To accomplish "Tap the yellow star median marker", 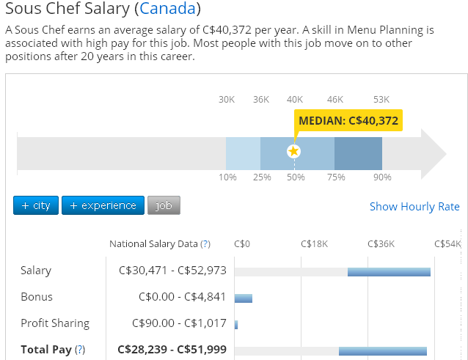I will (x=293, y=151).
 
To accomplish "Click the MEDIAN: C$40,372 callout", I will (x=348, y=121).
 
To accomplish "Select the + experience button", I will (x=103, y=206).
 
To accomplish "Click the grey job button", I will (x=164, y=206).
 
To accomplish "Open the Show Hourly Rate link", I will (x=414, y=207).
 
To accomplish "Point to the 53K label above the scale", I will (x=381, y=100).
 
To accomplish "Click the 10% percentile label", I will (x=227, y=177).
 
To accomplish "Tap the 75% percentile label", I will (x=336, y=177).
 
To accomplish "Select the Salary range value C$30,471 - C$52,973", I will (x=172, y=271).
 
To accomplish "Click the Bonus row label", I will (x=37, y=297).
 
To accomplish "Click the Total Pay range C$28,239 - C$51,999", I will (x=172, y=350).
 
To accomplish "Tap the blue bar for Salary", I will (x=388, y=272).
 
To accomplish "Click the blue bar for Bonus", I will (x=243, y=298).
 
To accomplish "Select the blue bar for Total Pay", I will (x=382, y=351).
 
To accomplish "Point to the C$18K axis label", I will (x=314, y=244).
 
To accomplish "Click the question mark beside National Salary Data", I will (x=205, y=244).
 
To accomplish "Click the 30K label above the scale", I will (x=227, y=100).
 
